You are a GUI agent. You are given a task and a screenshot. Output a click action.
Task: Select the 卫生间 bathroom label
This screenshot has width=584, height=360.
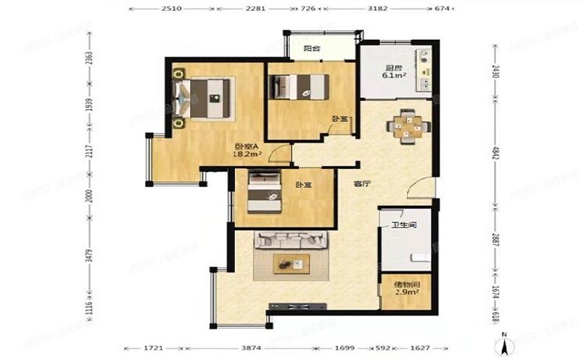[403, 225]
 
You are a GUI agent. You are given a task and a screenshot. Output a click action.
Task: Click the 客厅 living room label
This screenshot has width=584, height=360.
[361, 185]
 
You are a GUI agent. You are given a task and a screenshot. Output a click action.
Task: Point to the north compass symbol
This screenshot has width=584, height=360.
[505, 343]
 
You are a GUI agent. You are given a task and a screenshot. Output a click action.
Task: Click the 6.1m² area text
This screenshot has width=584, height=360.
[395, 76]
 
